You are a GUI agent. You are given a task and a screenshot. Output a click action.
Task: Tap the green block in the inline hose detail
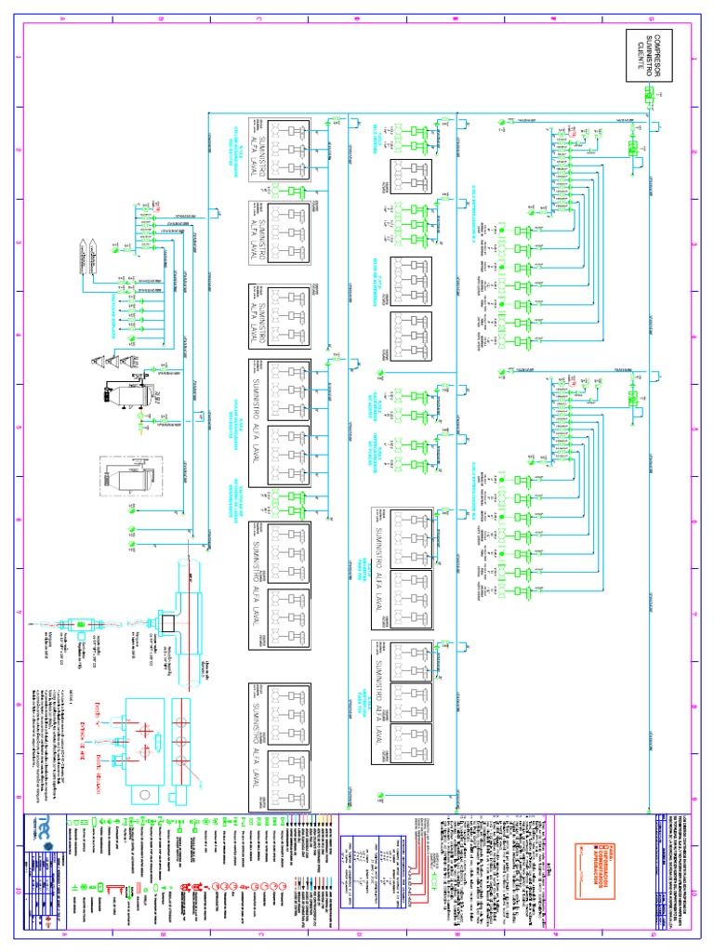coord(80,625)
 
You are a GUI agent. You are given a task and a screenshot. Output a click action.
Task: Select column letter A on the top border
coord(63,19)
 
